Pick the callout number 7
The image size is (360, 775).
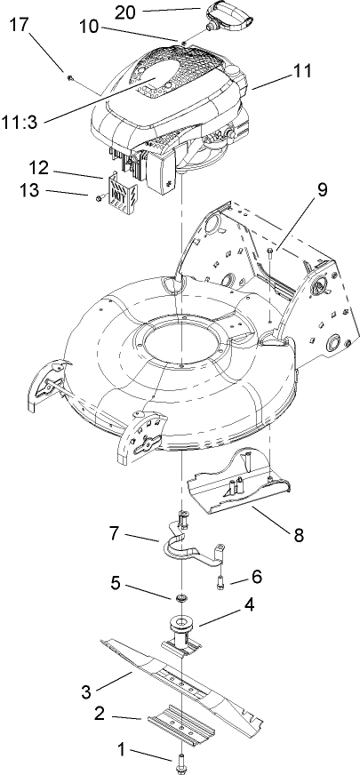point(116,535)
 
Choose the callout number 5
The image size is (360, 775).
point(116,584)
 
